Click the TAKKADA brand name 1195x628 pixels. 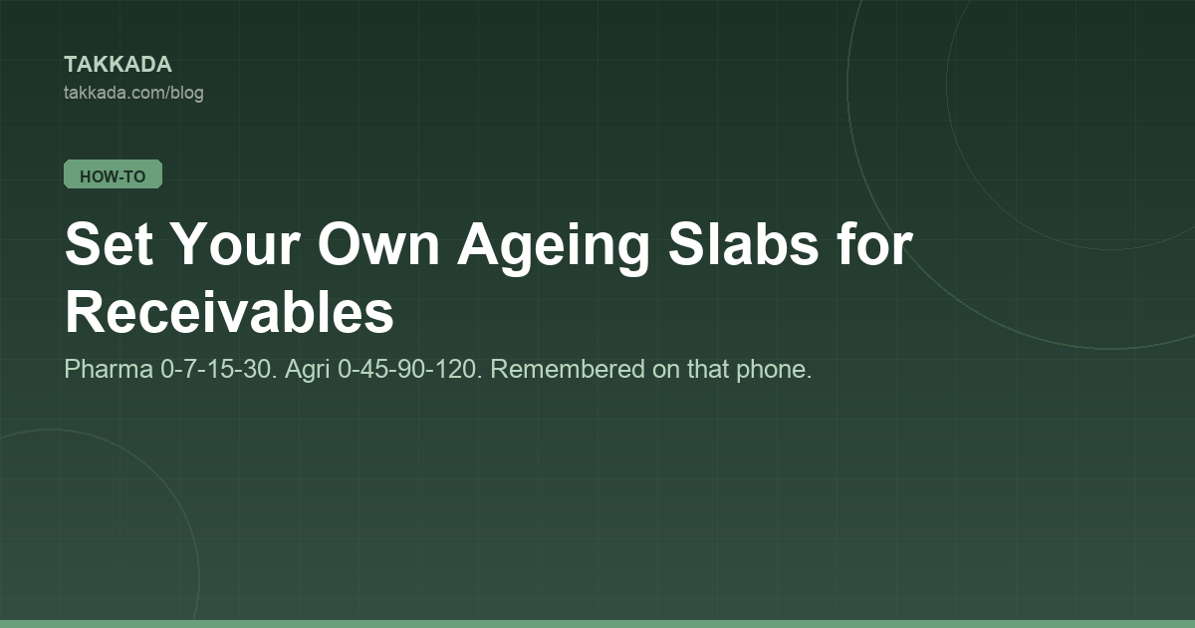(118, 65)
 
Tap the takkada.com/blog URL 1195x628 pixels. (133, 93)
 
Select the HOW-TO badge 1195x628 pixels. (114, 174)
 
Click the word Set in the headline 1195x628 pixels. (109, 244)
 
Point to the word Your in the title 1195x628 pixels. (237, 244)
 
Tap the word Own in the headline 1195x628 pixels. (378, 244)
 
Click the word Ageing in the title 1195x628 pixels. (554, 248)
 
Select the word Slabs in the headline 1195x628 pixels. (743, 243)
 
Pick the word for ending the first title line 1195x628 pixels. (875, 243)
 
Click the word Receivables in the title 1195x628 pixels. (229, 312)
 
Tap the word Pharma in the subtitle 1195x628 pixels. (109, 369)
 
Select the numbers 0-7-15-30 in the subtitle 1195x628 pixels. (219, 369)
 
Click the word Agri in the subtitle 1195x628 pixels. (308, 370)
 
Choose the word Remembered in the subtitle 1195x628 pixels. (568, 369)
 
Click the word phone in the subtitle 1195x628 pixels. (774, 370)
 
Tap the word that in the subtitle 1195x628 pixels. (708, 369)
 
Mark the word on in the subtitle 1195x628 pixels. (666, 372)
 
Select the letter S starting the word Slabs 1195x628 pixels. (684, 243)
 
